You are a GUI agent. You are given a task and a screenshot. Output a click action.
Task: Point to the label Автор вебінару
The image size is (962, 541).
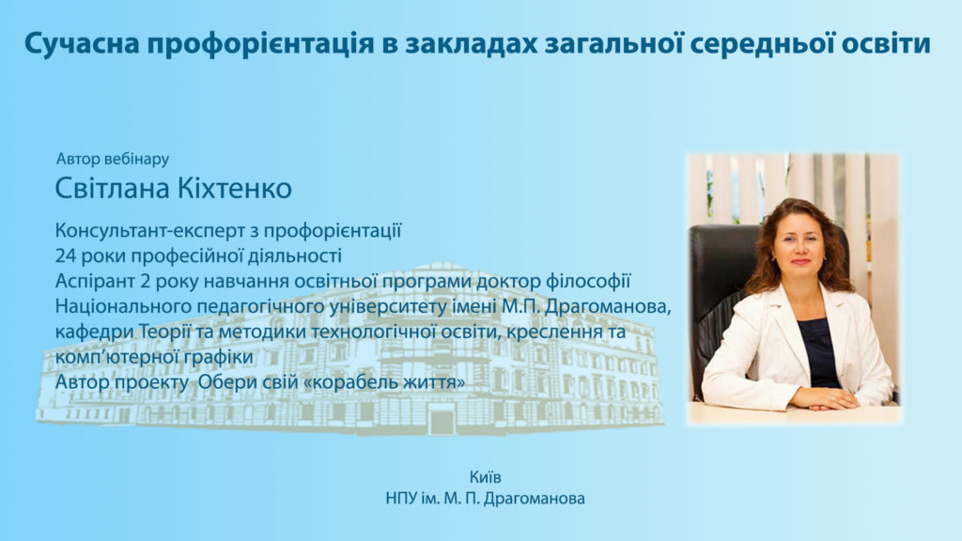[x=113, y=159]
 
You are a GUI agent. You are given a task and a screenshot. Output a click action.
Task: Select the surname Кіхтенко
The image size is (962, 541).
[x=234, y=188]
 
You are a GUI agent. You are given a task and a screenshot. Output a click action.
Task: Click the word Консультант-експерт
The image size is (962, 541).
[x=149, y=231]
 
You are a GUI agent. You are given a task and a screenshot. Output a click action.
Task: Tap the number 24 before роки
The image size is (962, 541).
[x=65, y=255]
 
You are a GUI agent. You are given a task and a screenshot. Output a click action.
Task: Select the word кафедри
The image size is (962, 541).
[x=95, y=332]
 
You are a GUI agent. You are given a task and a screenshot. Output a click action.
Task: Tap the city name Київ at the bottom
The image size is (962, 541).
[x=486, y=477]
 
